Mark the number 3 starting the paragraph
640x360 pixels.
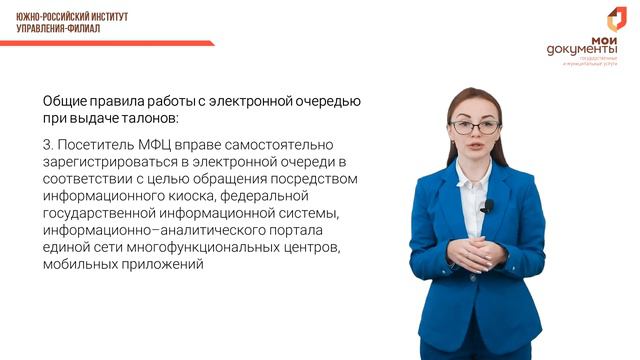pyautogui.click(x=47, y=144)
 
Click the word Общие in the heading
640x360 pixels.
pyautogui.click(x=64, y=101)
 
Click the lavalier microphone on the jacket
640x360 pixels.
pyautogui.click(x=488, y=206)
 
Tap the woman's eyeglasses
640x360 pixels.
pyautogui.click(x=475, y=127)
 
